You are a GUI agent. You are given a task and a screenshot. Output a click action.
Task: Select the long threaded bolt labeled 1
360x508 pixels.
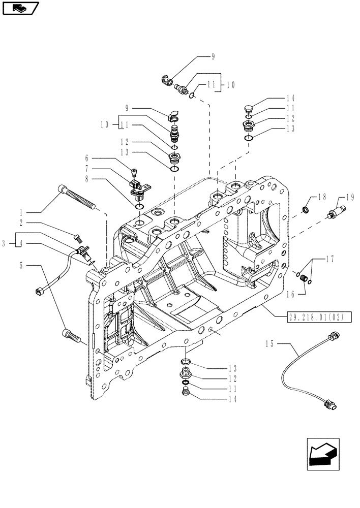79,198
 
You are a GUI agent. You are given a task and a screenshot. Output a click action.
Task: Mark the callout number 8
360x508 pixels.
87,178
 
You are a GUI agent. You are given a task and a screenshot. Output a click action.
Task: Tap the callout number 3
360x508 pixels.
4,244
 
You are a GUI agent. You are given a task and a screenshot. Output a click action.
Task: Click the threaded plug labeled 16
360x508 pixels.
304,278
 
